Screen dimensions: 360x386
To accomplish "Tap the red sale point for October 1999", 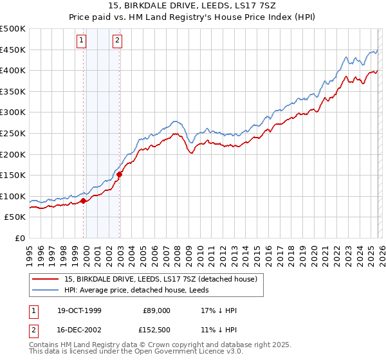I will (x=84, y=201).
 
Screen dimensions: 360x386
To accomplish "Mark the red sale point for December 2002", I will (x=120, y=174).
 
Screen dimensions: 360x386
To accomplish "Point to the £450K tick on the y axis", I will (x=14, y=50).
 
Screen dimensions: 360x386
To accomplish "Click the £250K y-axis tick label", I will (x=14, y=134).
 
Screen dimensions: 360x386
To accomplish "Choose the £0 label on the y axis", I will (x=19, y=239).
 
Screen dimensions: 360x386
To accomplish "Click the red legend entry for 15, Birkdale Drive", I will (x=161, y=279).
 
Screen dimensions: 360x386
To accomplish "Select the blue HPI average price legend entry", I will (x=142, y=290).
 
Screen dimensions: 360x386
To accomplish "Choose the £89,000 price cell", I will (x=157, y=310).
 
